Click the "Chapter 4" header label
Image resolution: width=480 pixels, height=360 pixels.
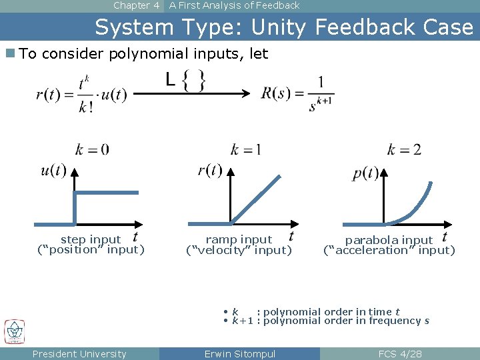point(136,5)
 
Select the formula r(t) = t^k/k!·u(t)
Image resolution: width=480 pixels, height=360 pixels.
point(81,94)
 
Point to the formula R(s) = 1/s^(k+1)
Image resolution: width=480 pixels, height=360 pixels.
point(297,94)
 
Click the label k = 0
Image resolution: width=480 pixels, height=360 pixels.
point(92,149)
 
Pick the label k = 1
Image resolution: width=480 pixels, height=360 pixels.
point(245,149)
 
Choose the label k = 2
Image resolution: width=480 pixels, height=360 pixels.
point(404,149)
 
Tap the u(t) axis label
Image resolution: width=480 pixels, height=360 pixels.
point(53,171)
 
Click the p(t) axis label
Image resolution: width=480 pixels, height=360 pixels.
point(365,174)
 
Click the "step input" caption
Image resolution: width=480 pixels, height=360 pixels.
point(91,239)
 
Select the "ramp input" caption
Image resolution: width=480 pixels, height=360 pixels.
point(239,239)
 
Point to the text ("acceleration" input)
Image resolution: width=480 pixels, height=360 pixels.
point(389,251)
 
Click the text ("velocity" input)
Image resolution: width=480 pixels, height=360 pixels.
point(239,251)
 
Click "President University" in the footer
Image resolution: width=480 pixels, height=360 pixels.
point(79,354)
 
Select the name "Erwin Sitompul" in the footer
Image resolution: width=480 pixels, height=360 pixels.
point(239,354)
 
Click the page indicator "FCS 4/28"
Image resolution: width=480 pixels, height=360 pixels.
point(400,354)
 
